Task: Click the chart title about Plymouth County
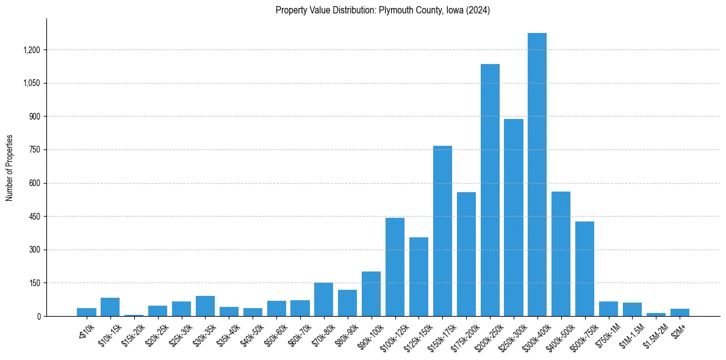pyautogui.click(x=383, y=10)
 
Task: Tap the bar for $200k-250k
pyautogui.click(x=490, y=190)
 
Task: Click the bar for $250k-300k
pyautogui.click(x=514, y=217)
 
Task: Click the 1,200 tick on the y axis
pyautogui.click(x=31, y=50)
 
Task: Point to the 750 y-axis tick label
pyautogui.click(x=34, y=150)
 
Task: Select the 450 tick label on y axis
pyautogui.click(x=34, y=217)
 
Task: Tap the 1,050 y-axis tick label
pyautogui.click(x=31, y=84)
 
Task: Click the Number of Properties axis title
pyautogui.click(x=10, y=168)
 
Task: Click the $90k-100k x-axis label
pyautogui.click(x=370, y=335)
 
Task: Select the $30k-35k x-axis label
pyautogui.click(x=204, y=334)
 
